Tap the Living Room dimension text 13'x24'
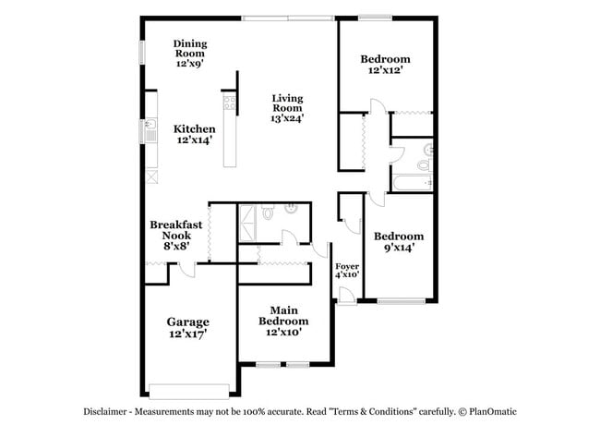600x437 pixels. coord(287,117)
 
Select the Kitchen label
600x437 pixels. coord(195,129)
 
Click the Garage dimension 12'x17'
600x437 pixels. coord(187,334)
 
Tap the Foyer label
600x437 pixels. coord(346,265)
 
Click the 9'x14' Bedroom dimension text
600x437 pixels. coord(399,248)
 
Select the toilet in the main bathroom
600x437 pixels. coord(267,212)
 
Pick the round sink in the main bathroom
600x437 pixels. coord(290,209)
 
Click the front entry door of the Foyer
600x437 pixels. coord(344,296)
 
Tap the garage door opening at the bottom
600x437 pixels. coord(188,388)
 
